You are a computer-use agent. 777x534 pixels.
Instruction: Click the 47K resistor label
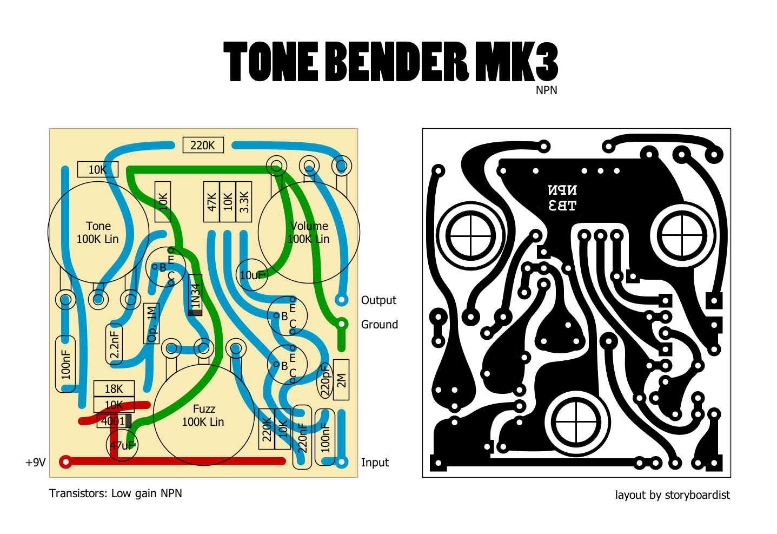point(211,202)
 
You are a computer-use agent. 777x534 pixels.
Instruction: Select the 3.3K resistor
point(244,202)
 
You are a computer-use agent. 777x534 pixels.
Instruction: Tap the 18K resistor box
point(114,388)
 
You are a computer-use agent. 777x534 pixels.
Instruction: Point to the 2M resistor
point(341,380)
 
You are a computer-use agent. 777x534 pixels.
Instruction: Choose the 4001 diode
point(114,421)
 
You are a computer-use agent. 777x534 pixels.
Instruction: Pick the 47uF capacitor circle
point(122,445)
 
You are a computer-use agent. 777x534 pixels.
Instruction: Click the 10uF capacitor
point(252,275)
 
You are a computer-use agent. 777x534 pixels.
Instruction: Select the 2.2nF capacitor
point(114,344)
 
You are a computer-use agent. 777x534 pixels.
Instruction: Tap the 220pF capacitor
point(325,380)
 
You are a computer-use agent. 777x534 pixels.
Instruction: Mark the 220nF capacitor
point(302,437)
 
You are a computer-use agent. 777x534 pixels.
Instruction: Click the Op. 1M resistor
point(152,324)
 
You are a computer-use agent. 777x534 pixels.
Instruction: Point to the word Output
point(378,300)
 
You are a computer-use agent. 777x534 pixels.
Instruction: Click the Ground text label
point(379,325)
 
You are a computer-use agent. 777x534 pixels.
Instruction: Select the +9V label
point(36,463)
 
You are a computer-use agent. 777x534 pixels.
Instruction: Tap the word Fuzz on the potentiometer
point(204,409)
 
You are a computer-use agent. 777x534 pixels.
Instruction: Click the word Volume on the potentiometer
point(309,226)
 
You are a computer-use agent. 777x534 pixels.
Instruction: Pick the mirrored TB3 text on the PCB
point(562,206)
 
